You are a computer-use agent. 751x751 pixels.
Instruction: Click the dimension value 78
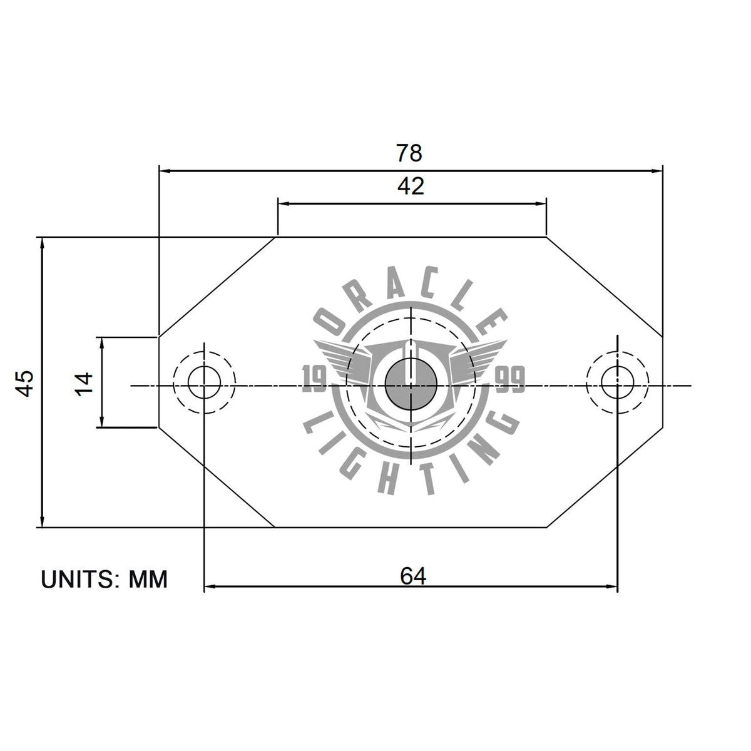(409, 153)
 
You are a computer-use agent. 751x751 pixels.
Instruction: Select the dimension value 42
(411, 186)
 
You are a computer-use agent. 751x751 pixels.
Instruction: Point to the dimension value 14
(84, 384)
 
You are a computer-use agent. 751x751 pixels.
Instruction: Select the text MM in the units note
(148, 580)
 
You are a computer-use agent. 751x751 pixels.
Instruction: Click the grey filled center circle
(411, 384)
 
